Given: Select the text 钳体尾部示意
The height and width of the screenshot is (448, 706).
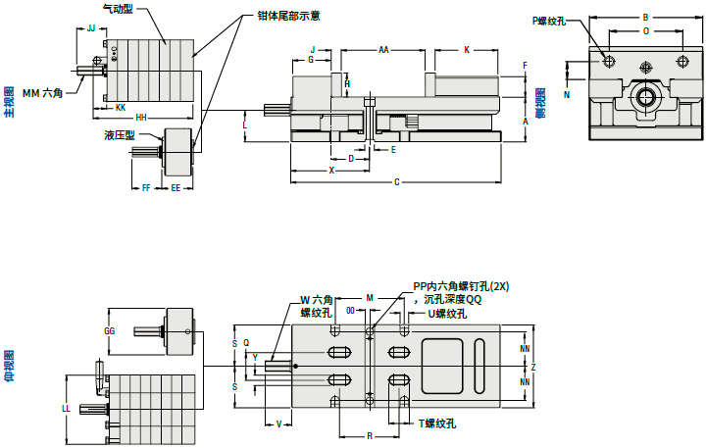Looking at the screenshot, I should [289, 16].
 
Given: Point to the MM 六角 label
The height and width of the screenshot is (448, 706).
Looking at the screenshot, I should [42, 92].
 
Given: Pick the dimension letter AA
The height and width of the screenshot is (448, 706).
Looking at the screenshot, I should [383, 49].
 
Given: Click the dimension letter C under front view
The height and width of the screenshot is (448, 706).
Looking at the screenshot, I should [396, 182].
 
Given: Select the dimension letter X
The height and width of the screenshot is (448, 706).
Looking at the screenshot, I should [331, 170].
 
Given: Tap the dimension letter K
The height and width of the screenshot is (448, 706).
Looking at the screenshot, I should [466, 49].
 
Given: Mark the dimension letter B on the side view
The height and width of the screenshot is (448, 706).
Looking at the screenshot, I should [644, 18].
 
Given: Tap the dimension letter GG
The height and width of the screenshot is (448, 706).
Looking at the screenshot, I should [109, 332].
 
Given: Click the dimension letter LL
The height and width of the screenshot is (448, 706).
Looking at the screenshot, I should [66, 407].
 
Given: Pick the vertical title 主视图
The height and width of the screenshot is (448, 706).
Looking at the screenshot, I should [9, 101].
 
